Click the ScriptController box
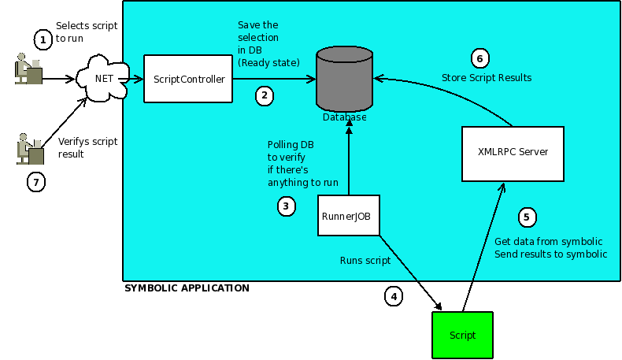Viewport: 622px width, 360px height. click(188, 79)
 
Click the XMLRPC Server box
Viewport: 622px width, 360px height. click(513, 152)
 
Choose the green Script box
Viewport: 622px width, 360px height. click(462, 336)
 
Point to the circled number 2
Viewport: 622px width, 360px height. click(265, 96)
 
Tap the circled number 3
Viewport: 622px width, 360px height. click(286, 206)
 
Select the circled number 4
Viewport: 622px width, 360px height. click(394, 296)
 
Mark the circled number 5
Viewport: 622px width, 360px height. click(528, 217)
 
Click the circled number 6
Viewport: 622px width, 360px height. click(479, 58)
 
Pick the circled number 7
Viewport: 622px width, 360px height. click(35, 182)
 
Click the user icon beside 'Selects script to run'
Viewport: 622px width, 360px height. click(29, 70)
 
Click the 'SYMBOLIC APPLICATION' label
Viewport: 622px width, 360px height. click(187, 288)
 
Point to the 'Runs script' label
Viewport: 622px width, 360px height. click(365, 259)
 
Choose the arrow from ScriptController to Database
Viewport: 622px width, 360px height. click(274, 79)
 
